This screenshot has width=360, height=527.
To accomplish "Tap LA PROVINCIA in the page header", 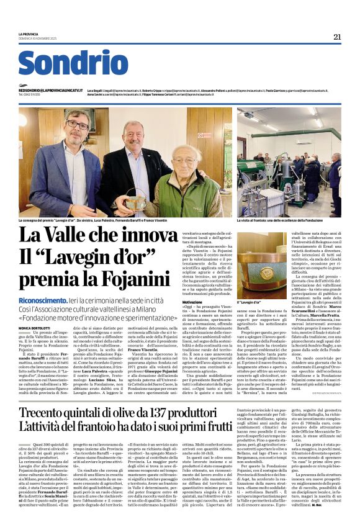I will coord(29,34).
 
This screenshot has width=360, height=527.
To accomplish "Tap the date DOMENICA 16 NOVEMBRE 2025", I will coord(37,38).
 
